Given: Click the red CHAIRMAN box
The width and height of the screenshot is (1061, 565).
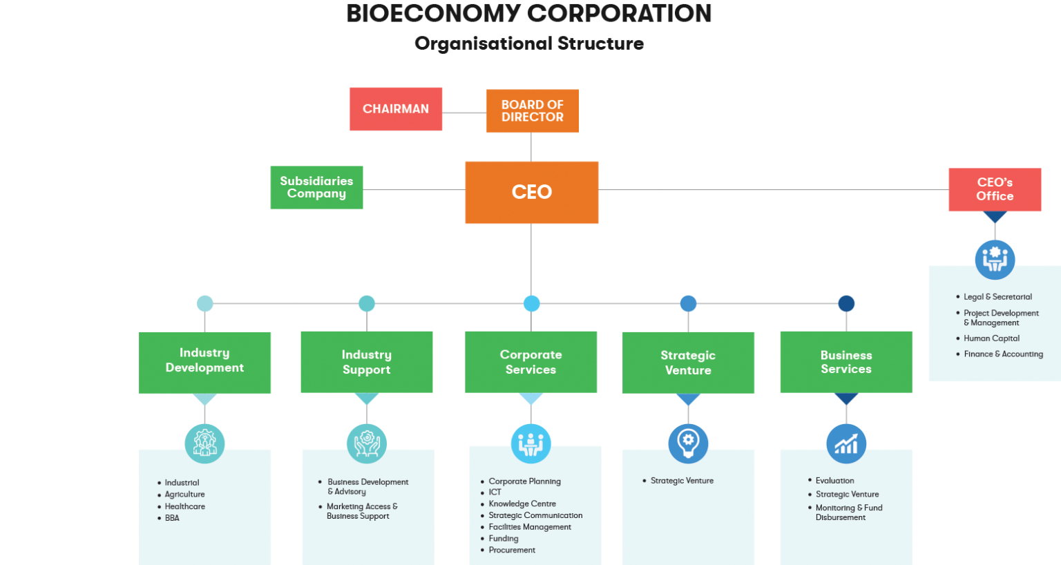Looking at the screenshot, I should pos(395,109).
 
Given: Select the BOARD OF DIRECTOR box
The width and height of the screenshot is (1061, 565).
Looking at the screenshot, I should pos(532,111).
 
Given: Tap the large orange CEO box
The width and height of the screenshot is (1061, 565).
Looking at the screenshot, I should pos(531,192).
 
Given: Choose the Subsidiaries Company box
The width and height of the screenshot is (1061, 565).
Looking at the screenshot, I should pos(316,187).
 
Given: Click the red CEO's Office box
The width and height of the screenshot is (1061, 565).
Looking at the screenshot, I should pos(995,189).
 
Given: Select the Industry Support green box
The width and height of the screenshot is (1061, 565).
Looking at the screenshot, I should pos(366,362).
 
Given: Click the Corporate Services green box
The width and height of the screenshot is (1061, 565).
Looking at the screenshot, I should pos(530,362).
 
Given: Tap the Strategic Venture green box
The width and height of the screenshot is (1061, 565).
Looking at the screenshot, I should pos(688,363).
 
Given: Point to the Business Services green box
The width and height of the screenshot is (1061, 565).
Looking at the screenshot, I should pos(846,362).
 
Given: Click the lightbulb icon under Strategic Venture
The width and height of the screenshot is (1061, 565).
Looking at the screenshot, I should pos(688,443).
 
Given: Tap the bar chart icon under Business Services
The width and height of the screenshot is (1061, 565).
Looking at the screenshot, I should pos(846,443).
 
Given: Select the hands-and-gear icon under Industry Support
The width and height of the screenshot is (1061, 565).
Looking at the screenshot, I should pos(366,443).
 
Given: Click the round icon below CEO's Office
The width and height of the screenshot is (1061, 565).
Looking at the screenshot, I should pos(995,259).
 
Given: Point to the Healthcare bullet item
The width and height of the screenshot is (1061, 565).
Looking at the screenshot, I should pos(184,506).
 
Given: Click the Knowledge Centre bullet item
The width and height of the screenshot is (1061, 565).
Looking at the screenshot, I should pos(522,504).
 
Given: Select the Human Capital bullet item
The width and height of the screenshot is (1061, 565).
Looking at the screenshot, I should pos(991,338).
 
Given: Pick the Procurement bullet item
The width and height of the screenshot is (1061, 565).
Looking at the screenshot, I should pos(512,550).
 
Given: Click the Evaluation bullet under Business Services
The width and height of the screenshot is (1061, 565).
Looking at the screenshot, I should pos(834,481).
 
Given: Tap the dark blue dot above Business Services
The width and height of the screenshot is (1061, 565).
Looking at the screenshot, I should pos(846,303).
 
